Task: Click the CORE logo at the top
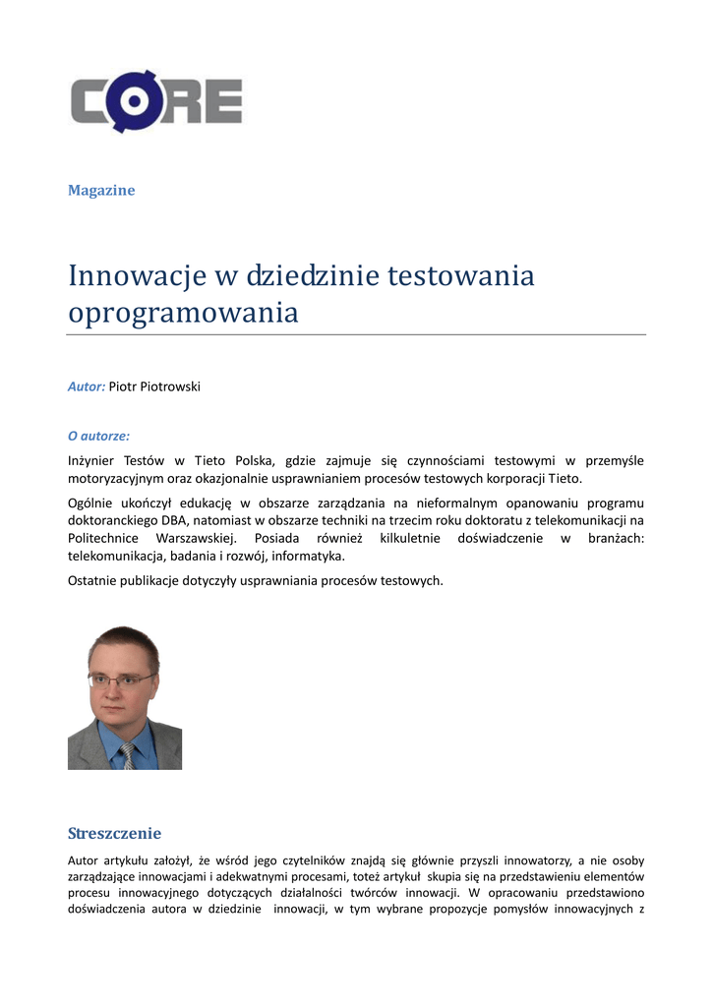155,101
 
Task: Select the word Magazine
101,190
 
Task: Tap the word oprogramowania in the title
183,313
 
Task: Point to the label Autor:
87,386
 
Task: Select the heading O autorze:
98,434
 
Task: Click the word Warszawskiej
196,539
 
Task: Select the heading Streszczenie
114,833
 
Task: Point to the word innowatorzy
537,859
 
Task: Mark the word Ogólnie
91,503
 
